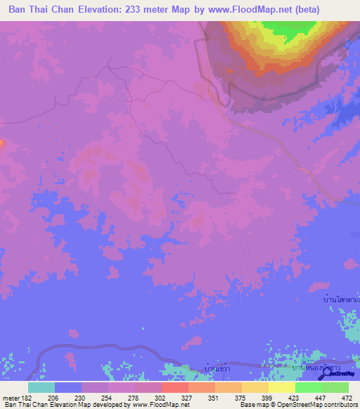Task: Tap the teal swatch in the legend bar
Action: pos(41,387)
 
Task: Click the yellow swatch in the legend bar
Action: pos(282,387)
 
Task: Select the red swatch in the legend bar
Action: pos(174,387)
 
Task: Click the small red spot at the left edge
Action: pos(1,143)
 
